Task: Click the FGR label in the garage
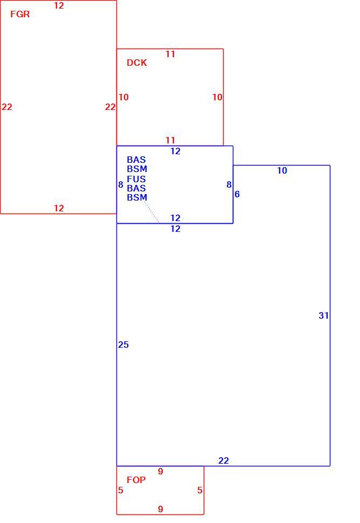(20, 14)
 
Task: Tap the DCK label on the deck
(137, 63)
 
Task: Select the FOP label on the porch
(136, 480)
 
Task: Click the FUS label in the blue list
(136, 179)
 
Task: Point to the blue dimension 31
(324, 315)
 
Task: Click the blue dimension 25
(123, 345)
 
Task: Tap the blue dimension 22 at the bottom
(224, 460)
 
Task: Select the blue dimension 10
(282, 170)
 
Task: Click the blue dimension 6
(237, 194)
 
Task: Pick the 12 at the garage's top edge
(59, 5)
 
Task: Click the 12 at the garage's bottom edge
(59, 208)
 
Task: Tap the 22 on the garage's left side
(7, 107)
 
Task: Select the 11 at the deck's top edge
(170, 54)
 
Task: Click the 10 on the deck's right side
(217, 97)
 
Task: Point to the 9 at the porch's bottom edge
(161, 509)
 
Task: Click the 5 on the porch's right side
(199, 490)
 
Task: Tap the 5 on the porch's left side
(121, 490)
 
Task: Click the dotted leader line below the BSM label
(151, 211)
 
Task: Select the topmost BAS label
(136, 160)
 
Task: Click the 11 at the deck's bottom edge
(170, 140)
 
